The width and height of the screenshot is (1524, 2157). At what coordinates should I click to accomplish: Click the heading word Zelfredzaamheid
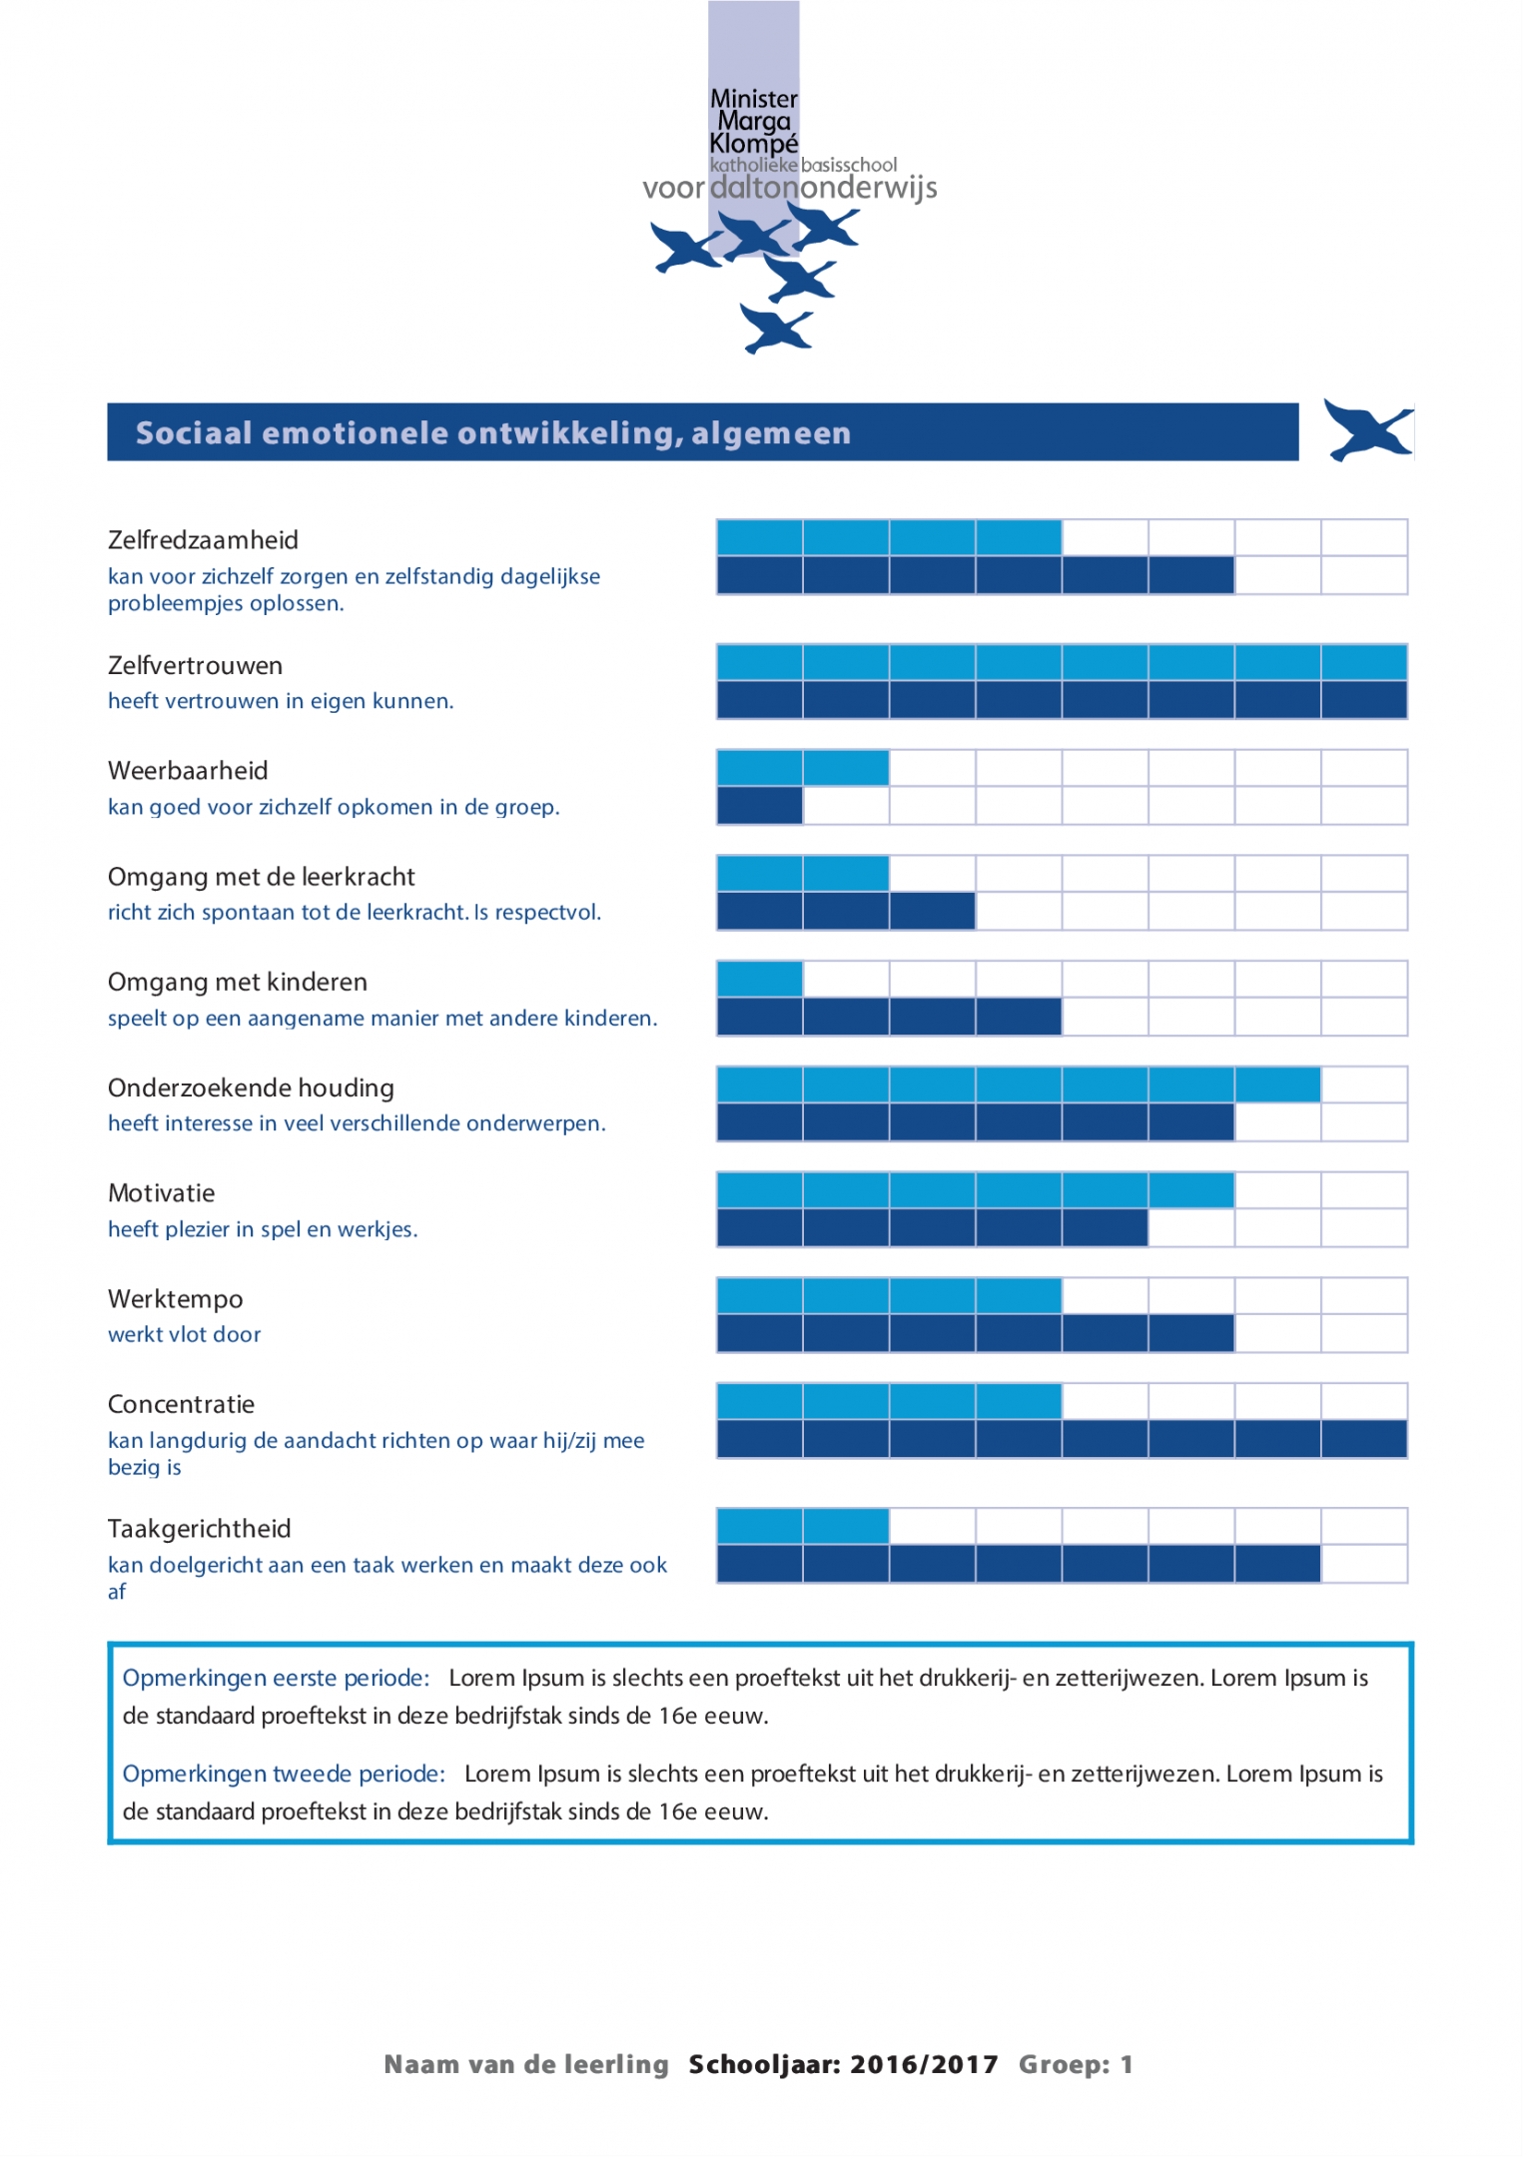(203, 540)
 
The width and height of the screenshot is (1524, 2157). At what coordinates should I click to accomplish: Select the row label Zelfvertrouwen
(195, 666)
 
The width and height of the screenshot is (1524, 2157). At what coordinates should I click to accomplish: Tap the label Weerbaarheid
(188, 771)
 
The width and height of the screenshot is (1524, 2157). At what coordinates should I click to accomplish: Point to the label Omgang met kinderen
(238, 983)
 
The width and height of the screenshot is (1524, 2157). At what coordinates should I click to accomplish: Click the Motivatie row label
(161, 1193)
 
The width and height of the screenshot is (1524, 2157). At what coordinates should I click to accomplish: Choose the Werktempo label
(175, 1299)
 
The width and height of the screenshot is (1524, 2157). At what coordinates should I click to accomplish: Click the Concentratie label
(181, 1405)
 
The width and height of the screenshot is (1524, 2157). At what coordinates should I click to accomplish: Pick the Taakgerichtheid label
(199, 1529)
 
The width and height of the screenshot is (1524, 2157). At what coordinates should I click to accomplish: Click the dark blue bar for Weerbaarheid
(759, 806)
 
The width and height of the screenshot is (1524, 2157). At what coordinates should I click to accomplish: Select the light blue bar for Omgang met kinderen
(759, 979)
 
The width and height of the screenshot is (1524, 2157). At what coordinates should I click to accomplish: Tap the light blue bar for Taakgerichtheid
(802, 1526)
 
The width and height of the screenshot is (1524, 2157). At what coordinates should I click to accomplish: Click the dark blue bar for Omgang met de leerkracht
(845, 912)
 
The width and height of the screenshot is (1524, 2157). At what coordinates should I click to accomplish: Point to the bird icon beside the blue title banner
(1367, 430)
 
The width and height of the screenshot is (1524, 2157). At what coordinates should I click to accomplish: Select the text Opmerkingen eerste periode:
(276, 1679)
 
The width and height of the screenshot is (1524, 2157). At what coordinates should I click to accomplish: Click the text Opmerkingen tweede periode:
(284, 1775)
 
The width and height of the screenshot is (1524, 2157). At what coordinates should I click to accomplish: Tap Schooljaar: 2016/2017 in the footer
(843, 2065)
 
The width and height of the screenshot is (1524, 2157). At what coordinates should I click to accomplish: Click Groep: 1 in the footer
(1076, 2065)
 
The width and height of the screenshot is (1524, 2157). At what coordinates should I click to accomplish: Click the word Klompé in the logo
(753, 144)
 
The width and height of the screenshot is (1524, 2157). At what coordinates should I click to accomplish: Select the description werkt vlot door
(184, 1335)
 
